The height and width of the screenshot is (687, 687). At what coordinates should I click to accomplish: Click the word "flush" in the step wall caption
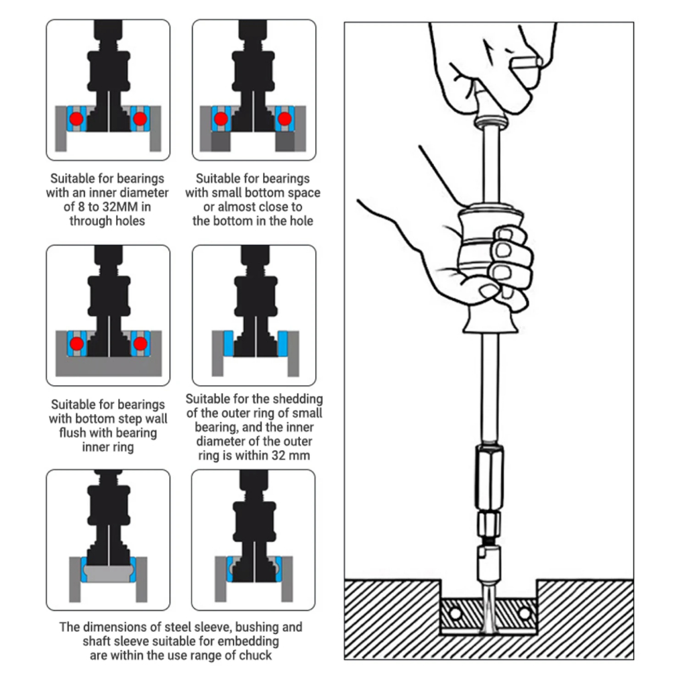(72, 433)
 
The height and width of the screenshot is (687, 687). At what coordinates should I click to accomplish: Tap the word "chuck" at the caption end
(256, 655)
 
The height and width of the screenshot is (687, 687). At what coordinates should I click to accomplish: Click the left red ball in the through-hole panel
(76, 119)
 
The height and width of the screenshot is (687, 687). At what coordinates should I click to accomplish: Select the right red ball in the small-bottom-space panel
(284, 119)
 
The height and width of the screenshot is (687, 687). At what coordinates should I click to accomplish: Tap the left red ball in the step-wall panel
(76, 343)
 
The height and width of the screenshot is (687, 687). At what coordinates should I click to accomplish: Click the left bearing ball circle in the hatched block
(456, 613)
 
